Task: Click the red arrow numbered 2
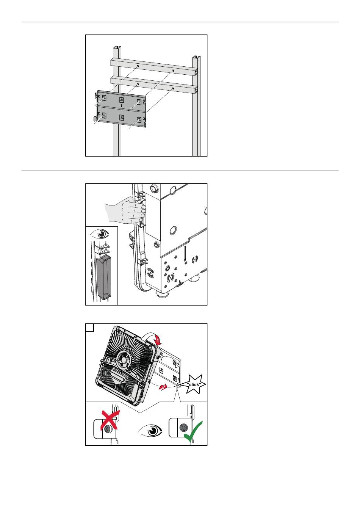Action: pos(163,387)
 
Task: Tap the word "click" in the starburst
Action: pos(194,385)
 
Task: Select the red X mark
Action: pos(110,420)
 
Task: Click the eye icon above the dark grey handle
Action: pos(100,234)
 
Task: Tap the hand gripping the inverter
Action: pos(125,211)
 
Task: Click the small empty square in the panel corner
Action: pos(90,328)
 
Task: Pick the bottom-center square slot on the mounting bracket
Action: pos(122,118)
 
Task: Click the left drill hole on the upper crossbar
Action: pos(138,66)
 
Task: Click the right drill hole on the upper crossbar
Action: pos(173,70)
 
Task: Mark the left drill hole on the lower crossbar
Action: pos(138,84)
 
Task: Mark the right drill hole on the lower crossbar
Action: pos(173,88)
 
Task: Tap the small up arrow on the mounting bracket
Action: pos(122,105)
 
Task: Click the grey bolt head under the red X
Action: pos(107,429)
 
